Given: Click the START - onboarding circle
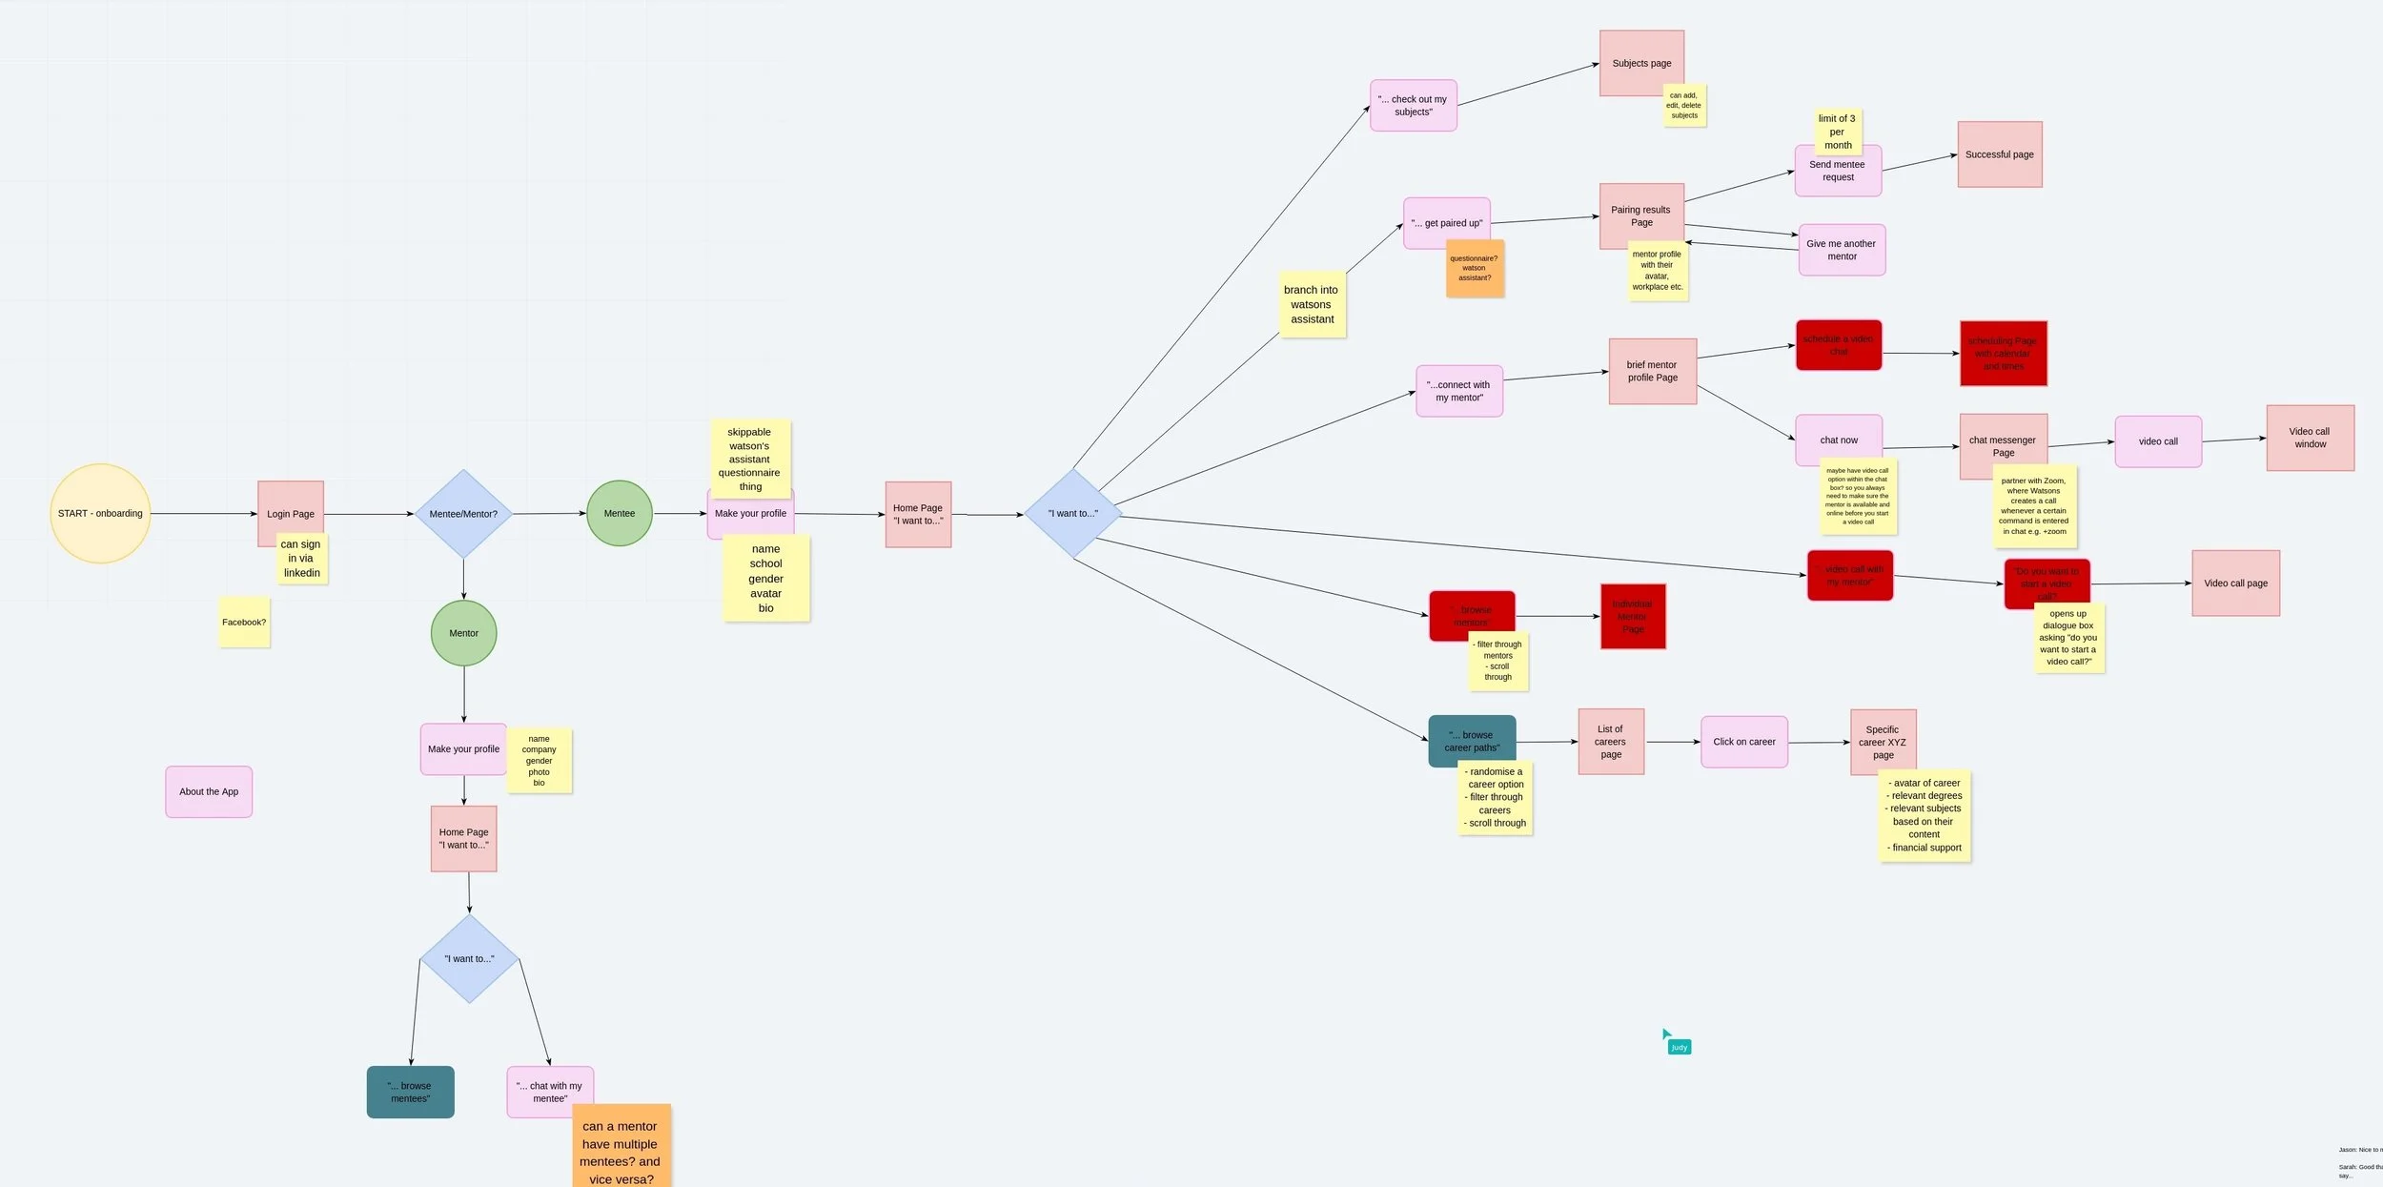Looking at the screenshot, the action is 100,514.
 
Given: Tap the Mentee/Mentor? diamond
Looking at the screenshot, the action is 463,514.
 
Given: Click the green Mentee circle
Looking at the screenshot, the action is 620,514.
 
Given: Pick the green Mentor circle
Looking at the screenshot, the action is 464,633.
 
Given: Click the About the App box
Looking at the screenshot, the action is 209,791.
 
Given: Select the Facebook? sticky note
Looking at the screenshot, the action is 244,623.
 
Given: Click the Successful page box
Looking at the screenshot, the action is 2000,154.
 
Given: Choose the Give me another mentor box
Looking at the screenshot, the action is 1842,250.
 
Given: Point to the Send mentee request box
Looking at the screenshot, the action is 1838,174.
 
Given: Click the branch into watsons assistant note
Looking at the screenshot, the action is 1312,305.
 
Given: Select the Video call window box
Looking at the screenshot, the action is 2310,438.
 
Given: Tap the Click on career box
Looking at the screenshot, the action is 1744,742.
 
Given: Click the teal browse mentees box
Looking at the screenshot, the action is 411,1092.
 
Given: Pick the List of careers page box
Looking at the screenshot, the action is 1611,742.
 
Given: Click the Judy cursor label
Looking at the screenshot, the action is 1680,1047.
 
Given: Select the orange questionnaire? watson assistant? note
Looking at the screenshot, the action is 1475,269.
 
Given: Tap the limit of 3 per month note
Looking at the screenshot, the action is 1838,132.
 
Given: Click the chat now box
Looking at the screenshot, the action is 1839,440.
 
